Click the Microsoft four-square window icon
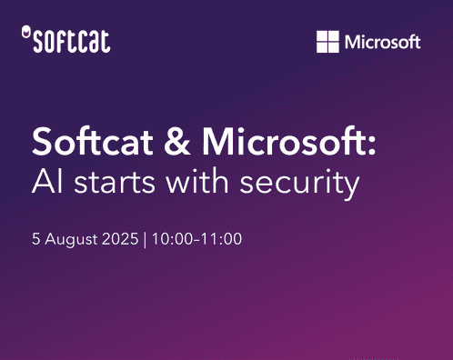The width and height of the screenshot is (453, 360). pos(327,42)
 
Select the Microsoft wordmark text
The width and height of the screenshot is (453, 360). pos(382,42)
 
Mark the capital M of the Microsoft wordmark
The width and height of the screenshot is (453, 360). pos(351,42)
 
